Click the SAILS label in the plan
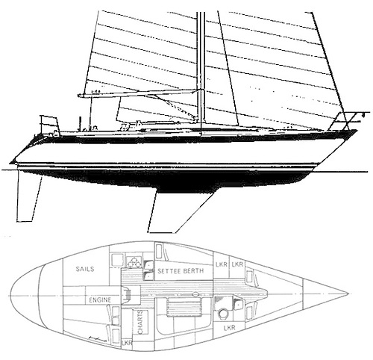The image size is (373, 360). (x=85, y=269)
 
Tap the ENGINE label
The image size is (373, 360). (x=100, y=300)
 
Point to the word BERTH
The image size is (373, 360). (x=195, y=271)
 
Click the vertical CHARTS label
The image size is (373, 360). (x=140, y=322)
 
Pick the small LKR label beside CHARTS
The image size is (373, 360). (x=127, y=343)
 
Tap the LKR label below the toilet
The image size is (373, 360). (x=229, y=327)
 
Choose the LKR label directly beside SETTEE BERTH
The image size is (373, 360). (x=222, y=264)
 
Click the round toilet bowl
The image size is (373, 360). (x=223, y=313)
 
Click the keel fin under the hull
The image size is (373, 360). (x=178, y=211)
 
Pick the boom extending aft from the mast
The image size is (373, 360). (x=140, y=93)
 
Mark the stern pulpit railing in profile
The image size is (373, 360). (x=50, y=125)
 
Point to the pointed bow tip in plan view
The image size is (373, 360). (x=348, y=294)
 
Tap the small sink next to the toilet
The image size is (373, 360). (x=238, y=304)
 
